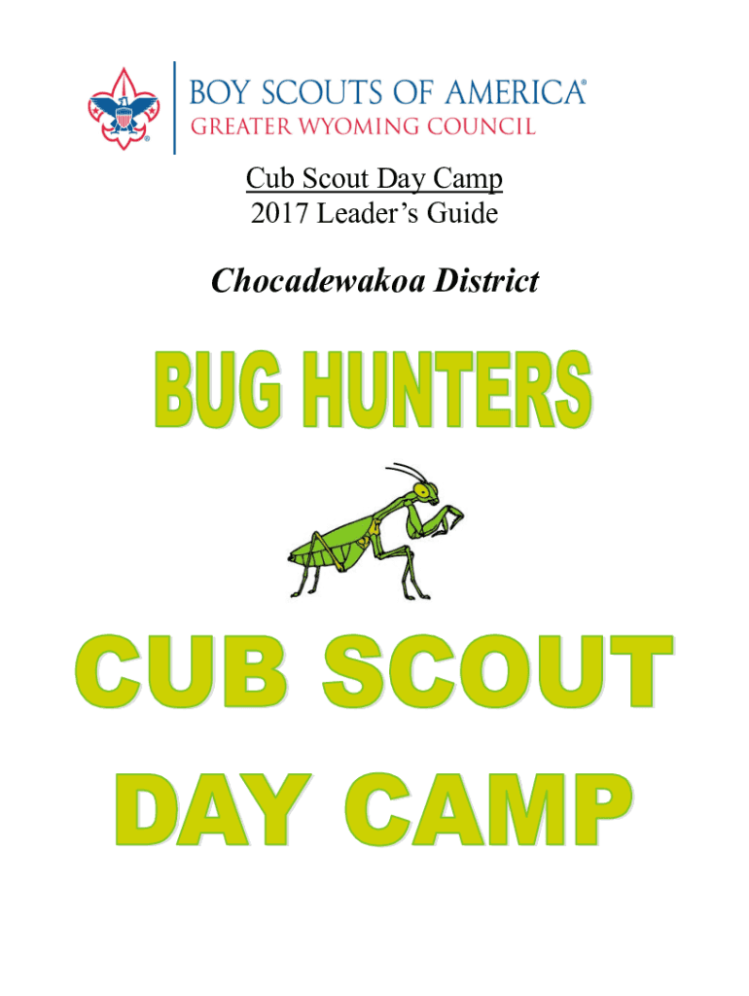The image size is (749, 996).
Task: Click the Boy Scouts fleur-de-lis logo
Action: (124, 109)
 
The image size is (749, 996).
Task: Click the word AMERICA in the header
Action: (515, 92)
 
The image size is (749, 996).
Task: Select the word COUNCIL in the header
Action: (481, 126)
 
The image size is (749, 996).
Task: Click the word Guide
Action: (462, 213)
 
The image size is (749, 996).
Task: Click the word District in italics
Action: (486, 281)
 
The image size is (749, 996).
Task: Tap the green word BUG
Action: (217, 389)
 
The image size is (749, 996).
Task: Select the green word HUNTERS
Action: (447, 389)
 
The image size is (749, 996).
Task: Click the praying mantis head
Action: (425, 492)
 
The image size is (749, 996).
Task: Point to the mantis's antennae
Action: (406, 473)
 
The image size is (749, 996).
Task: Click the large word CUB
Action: (180, 671)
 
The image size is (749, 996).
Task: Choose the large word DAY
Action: (213, 810)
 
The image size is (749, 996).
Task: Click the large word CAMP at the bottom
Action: (489, 810)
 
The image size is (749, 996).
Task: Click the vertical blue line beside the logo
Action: (175, 108)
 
